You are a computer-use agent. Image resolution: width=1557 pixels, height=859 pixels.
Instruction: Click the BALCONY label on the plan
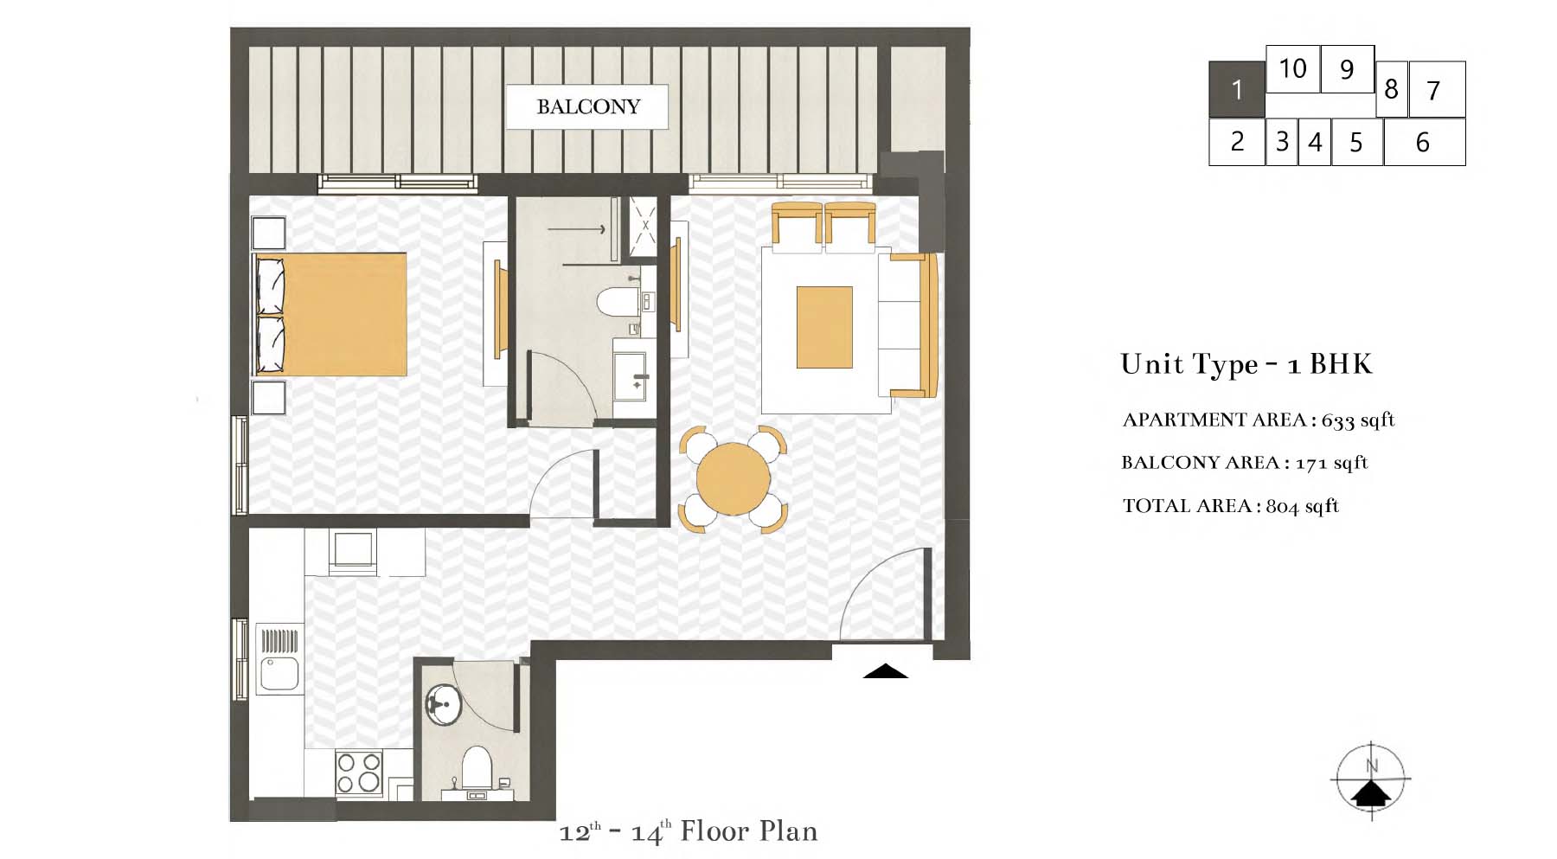coord(588,106)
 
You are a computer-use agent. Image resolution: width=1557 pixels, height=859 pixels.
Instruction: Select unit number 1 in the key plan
coord(1236,89)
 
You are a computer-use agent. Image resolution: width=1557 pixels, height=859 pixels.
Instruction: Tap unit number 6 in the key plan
coord(1424,142)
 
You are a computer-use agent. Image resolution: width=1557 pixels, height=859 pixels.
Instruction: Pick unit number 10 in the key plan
coord(1292,68)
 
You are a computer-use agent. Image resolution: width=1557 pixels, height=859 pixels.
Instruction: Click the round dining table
coord(734,478)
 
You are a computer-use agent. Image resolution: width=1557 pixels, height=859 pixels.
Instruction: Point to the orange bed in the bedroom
coord(330,314)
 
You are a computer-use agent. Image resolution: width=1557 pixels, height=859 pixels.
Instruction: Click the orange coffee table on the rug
coord(824,327)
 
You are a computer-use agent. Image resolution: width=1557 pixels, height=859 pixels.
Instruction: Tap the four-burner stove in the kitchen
coord(359,772)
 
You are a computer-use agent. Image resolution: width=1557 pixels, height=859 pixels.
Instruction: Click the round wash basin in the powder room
coord(444,705)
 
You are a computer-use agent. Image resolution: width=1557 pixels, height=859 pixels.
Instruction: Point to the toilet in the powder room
coord(477,767)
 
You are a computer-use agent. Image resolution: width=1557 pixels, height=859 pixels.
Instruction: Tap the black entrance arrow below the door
coord(885,670)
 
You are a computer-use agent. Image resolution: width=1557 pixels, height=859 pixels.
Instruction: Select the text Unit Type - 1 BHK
coord(1246,364)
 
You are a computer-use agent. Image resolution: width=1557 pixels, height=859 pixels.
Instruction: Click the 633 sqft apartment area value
coord(1358,420)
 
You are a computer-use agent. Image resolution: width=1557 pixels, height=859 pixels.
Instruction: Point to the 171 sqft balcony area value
coord(1331,463)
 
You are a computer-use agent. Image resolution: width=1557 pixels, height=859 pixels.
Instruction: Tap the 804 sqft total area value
coord(1302,506)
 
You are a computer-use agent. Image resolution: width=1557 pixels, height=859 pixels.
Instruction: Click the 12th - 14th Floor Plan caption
coord(689,831)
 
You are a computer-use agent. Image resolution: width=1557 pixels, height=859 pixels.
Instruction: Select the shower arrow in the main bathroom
coord(576,229)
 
